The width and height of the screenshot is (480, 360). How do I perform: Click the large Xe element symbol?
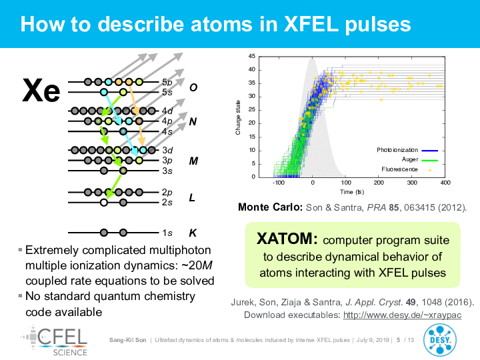(41, 90)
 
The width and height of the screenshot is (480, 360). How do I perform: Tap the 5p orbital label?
(167, 83)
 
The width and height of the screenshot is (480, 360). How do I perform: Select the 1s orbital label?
(167, 233)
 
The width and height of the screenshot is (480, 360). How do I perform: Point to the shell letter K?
(193, 233)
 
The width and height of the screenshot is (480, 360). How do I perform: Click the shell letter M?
(193, 161)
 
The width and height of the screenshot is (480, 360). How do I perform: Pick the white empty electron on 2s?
(104, 203)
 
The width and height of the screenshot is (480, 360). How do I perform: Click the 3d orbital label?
(167, 150)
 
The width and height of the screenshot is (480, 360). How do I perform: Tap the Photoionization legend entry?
(407, 150)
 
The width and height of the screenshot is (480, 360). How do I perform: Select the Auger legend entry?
(420, 159)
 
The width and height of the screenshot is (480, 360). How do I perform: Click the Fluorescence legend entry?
(406, 169)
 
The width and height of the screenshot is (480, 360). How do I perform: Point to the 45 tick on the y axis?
(251, 56)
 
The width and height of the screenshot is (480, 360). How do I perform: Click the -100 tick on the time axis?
(278, 183)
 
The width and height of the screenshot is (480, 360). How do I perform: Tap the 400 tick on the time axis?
(445, 183)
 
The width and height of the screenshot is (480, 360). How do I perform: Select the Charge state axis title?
(238, 117)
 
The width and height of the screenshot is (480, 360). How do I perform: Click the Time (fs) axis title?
(352, 192)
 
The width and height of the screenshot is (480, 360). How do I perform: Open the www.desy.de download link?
(402, 315)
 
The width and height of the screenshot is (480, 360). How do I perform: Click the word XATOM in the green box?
(287, 239)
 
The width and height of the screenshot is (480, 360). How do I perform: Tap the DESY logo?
(439, 341)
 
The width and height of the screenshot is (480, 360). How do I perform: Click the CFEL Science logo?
(54, 341)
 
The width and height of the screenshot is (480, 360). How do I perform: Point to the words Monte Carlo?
(270, 207)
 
